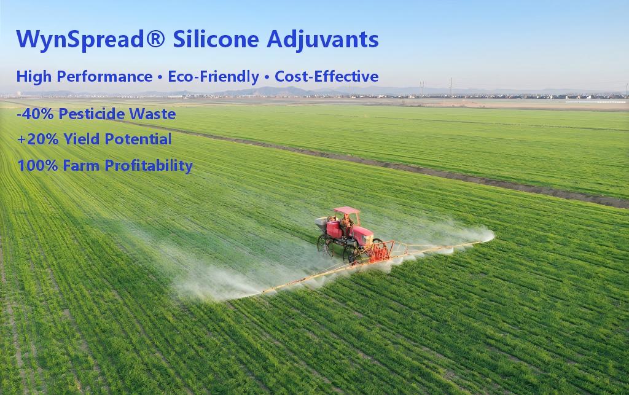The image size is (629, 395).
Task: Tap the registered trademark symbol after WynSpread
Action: (158, 39)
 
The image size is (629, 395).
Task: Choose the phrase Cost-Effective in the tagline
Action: (326, 77)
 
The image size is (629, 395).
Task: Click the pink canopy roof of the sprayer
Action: (346, 211)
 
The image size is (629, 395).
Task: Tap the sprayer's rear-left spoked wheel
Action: (326, 244)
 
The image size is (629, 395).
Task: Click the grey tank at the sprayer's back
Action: (321, 223)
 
